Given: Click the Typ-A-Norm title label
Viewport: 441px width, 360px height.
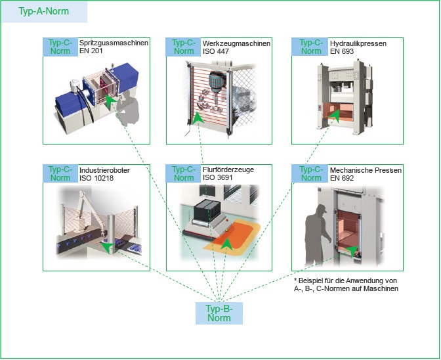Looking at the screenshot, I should coord(44,12).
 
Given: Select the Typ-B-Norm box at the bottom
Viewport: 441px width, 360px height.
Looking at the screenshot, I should coord(219,313).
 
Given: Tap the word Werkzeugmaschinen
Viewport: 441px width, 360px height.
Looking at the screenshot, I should coord(236,43).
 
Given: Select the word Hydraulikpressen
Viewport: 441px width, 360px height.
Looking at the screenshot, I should coord(358,43).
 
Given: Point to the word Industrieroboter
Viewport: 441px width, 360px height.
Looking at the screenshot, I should coord(104,169).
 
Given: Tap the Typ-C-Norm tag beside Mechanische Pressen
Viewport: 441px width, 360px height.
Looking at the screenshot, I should coord(310,173).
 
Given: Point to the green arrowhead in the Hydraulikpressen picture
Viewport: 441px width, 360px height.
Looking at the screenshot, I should coord(335,116).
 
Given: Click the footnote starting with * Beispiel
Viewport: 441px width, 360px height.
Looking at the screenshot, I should coord(346,284).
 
